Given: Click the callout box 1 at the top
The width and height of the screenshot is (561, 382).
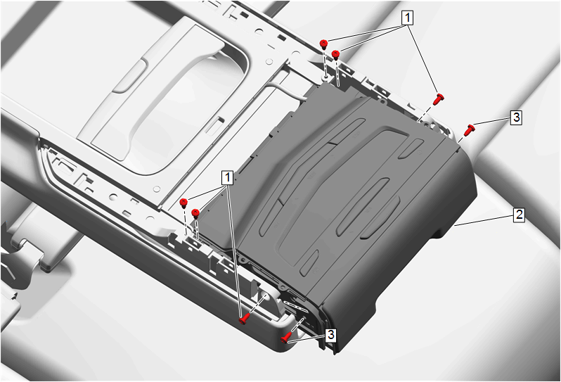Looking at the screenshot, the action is click(407, 18).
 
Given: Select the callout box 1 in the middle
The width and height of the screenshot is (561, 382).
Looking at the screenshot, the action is click(228, 178).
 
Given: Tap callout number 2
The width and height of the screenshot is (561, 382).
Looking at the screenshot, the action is click(519, 215).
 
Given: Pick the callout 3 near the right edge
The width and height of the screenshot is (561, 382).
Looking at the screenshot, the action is click(516, 117).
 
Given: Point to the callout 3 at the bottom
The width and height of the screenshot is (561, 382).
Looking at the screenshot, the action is click(330, 335).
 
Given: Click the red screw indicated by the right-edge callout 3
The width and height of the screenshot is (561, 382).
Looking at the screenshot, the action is click(469, 130).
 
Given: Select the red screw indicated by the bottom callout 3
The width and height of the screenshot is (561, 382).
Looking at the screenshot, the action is click(286, 337).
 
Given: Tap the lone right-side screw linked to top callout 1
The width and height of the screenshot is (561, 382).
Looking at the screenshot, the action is click(438, 99).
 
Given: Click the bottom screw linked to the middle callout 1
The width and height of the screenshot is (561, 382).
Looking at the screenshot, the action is click(245, 319).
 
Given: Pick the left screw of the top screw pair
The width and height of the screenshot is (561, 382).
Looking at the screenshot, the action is click(324, 44).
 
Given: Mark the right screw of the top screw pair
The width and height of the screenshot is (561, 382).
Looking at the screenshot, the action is click(335, 55).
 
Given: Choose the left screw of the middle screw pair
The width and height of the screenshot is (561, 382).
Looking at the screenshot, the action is click(183, 203).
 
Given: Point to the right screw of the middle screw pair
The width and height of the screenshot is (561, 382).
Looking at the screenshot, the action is click(195, 214).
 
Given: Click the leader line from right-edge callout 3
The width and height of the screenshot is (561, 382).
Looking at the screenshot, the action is click(493, 122).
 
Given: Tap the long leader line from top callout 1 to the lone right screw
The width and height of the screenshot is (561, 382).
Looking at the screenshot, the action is click(423, 59).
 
